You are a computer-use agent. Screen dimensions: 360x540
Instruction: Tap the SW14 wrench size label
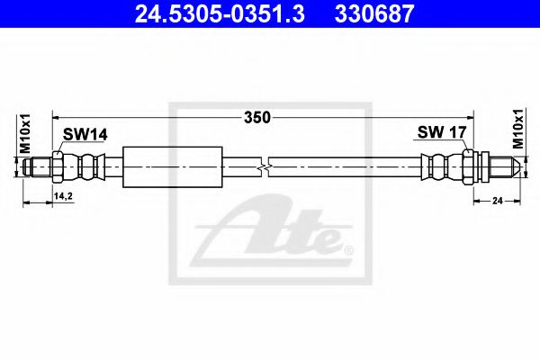85,134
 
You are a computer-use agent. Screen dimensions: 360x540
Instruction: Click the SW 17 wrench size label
441,133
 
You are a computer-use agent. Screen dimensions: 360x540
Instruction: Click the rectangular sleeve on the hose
171,166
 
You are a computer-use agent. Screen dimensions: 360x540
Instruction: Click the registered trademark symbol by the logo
349,247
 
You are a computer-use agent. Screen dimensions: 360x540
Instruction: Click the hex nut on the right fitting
470,166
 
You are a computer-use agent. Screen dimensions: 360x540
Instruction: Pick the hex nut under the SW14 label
58,166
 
